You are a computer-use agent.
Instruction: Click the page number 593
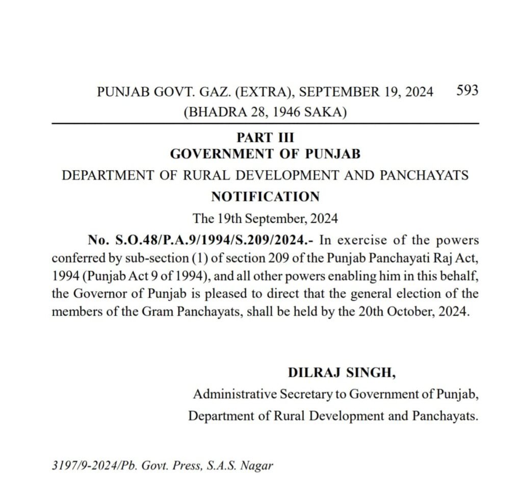point(467,90)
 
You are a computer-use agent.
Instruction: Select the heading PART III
point(265,138)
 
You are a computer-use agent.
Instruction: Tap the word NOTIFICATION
point(265,196)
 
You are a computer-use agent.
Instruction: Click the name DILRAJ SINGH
point(342,373)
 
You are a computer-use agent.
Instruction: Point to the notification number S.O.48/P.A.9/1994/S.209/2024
point(202,240)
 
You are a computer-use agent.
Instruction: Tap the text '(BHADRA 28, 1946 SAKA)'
point(265,112)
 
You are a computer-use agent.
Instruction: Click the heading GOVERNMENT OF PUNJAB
point(265,153)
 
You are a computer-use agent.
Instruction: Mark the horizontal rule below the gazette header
point(265,124)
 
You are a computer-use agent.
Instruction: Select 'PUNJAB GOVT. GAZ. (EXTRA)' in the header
point(194,92)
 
